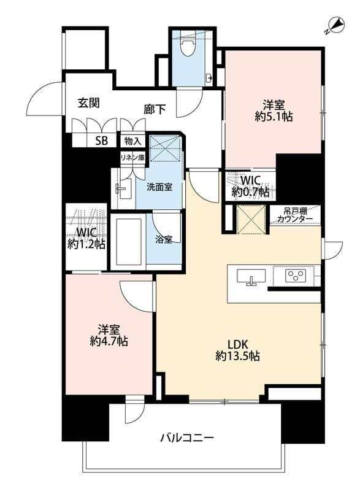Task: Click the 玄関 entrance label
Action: click(89, 102)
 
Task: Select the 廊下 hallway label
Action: click(155, 109)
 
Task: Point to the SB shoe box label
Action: click(101, 141)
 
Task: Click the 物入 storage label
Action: click(133, 141)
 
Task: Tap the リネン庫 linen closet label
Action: click(132, 158)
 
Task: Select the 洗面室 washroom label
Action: click(159, 187)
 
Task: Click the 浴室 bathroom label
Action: click(164, 239)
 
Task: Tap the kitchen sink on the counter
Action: click(251, 277)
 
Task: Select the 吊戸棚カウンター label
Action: click(294, 215)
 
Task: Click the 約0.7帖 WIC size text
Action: click(250, 191)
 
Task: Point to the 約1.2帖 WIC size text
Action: click(86, 244)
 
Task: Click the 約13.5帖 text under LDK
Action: click(237, 356)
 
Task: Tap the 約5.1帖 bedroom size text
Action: click(274, 117)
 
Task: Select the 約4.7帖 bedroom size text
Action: click(109, 341)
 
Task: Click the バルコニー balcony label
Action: click(187, 437)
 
